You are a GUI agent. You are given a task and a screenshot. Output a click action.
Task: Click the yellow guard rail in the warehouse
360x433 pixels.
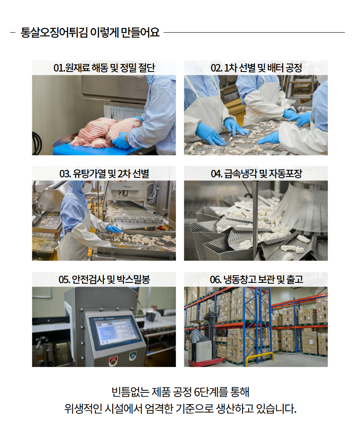pos(260,357)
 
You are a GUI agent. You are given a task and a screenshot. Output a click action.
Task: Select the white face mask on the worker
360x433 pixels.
pos(87,188)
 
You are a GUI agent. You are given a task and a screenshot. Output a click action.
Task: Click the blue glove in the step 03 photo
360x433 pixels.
pos(113,229)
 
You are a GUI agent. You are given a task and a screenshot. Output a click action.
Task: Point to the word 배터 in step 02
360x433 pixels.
pos(273,68)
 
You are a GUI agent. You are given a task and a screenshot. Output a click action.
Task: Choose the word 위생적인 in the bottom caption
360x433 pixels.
pos(83,408)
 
